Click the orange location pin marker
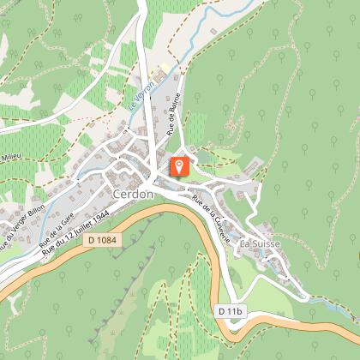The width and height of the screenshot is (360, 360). click(x=179, y=165)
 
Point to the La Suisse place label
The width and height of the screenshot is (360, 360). click(x=261, y=243)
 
